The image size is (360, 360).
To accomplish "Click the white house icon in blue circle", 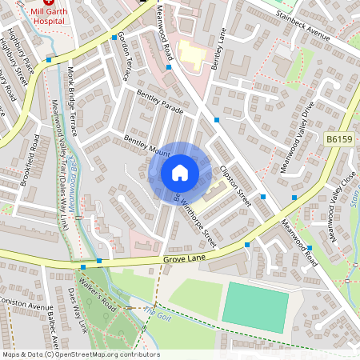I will pyautogui.click(x=180, y=173).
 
